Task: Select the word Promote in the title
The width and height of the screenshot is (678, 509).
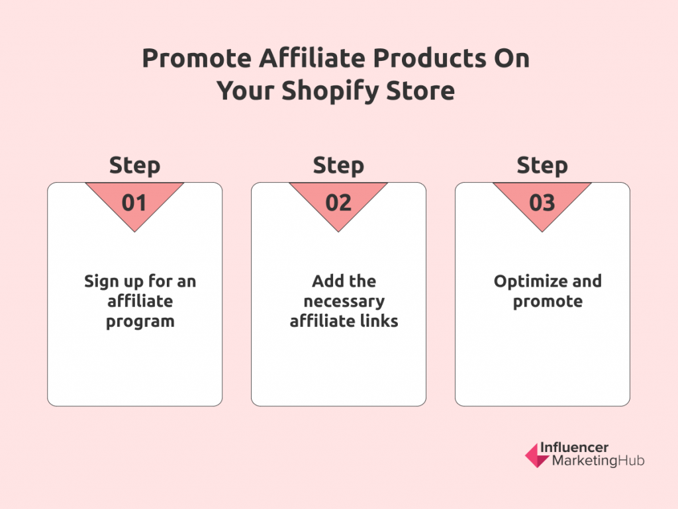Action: coord(197,58)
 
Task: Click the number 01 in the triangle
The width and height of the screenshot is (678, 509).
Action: coord(134,203)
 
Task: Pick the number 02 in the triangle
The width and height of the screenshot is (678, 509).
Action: coord(338,203)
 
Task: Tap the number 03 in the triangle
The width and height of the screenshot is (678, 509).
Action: coord(542,203)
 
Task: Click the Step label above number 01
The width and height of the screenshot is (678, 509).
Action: coord(134,166)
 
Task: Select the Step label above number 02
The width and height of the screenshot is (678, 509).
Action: coord(338,166)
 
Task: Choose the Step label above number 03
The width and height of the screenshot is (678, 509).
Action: coord(542,166)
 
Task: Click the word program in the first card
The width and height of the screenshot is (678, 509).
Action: coord(140,322)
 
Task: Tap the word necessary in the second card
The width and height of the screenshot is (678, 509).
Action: coord(344,302)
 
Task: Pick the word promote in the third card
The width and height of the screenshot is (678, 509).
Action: coord(548,302)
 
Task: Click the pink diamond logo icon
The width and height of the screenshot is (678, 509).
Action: coord(537,455)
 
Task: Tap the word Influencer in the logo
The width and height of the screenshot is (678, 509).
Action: coord(574,447)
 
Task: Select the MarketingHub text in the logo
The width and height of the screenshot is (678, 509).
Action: coord(598,461)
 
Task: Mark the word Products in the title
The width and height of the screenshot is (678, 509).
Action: coord(429,58)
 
